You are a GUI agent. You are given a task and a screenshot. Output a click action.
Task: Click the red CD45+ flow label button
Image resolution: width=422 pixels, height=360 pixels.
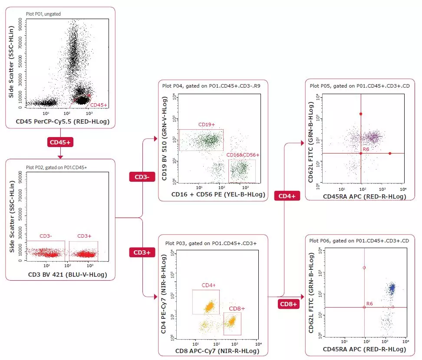(x=60, y=142)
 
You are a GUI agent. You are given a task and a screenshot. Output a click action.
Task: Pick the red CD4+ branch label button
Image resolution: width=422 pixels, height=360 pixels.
(x=287, y=196)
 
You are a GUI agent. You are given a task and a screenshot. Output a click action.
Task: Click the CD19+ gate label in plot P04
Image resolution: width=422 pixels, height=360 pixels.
(x=206, y=125)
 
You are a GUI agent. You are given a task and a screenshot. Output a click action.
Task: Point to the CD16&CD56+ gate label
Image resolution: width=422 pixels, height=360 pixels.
(x=243, y=155)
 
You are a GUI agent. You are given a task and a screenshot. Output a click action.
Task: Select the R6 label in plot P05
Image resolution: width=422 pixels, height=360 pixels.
(x=366, y=149)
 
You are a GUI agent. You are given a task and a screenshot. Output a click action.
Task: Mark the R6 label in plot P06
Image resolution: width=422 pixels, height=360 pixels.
(x=370, y=303)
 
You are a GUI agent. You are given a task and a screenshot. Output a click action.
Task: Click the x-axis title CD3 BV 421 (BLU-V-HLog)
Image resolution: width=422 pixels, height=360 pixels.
(x=61, y=274)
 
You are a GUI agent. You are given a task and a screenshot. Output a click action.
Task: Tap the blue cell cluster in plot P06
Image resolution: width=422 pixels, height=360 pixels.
(x=392, y=288)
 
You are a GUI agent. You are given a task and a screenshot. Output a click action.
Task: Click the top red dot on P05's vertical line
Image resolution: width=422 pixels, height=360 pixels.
(x=361, y=114)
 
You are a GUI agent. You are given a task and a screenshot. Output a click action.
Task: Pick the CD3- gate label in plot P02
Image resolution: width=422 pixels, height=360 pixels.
(x=46, y=236)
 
